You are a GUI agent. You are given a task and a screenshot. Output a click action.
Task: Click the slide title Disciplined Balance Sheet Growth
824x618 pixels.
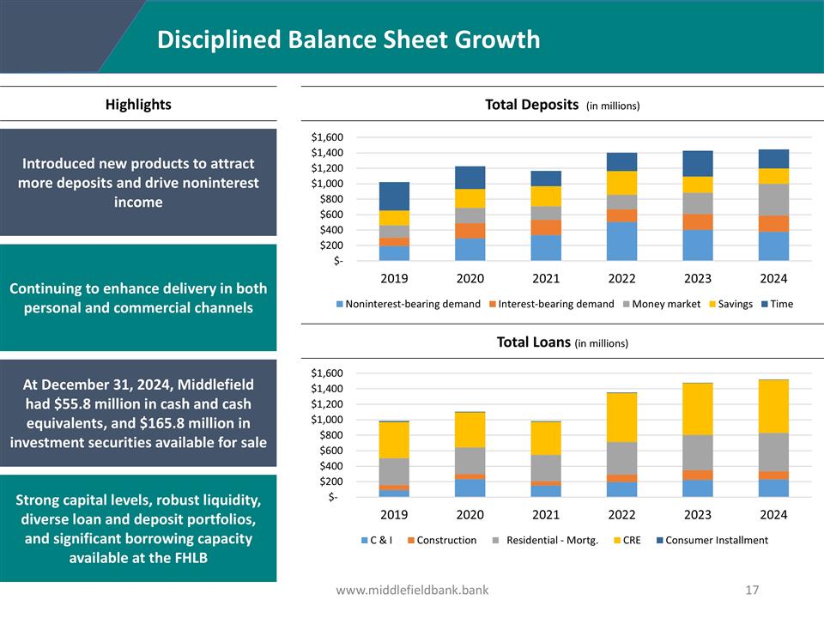pyautogui.click(x=348, y=39)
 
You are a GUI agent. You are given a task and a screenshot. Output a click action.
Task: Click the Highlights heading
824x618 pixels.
pyautogui.click(x=138, y=105)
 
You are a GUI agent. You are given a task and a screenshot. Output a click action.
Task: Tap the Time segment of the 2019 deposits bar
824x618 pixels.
pyautogui.click(x=394, y=196)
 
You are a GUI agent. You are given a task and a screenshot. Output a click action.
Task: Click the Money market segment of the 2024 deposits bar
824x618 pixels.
pyautogui.click(x=773, y=199)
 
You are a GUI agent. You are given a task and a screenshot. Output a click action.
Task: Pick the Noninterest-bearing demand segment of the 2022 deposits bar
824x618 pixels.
pyautogui.click(x=621, y=240)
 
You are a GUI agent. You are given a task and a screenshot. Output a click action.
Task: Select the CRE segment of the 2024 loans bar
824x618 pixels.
pyautogui.click(x=773, y=406)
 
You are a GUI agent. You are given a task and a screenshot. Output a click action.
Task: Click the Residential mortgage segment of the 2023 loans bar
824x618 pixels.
pyautogui.click(x=698, y=452)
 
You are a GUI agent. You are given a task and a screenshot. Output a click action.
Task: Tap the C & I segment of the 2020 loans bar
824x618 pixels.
pyautogui.click(x=470, y=488)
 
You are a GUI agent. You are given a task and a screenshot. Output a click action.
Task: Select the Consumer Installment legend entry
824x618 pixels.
pyautogui.click(x=712, y=540)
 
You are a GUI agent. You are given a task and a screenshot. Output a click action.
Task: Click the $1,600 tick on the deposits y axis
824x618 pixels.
pyautogui.click(x=326, y=137)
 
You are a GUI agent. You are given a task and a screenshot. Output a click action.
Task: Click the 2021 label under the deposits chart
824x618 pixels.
pyautogui.click(x=546, y=279)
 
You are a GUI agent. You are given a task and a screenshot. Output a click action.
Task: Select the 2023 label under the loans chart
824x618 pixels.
pyautogui.click(x=698, y=515)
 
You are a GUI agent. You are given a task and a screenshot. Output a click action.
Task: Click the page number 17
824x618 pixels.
pyautogui.click(x=753, y=590)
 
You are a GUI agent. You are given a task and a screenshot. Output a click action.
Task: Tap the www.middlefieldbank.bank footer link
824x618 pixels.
pyautogui.click(x=412, y=590)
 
